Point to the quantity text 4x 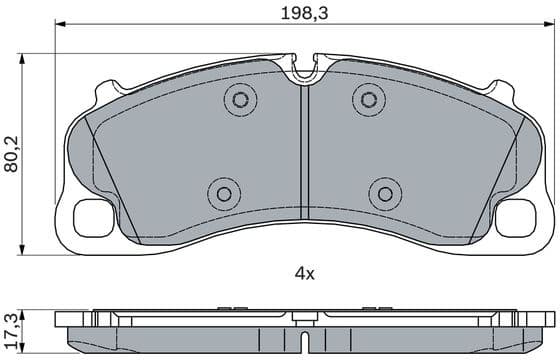[x=304, y=272]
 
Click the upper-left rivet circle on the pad [x=239, y=98]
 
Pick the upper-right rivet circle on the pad [x=369, y=98]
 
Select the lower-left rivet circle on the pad [x=224, y=193]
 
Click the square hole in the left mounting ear [x=94, y=217]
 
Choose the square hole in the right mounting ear [x=515, y=217]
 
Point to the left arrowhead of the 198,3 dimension [x=58, y=26]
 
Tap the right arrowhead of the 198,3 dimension [x=549, y=26]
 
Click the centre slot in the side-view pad [x=304, y=320]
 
